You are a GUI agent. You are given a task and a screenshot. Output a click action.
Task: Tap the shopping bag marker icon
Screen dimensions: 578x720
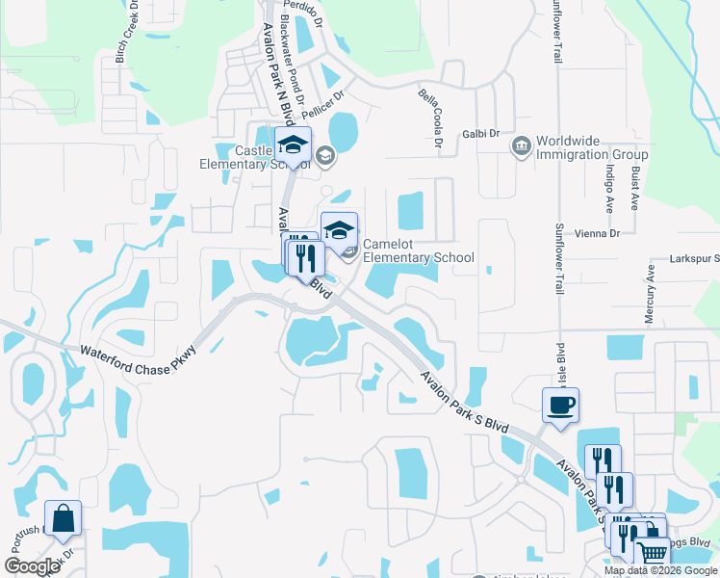pyautogui.click(x=63, y=518)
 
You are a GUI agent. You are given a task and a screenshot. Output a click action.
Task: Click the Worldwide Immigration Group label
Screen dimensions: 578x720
pyautogui.click(x=592, y=147)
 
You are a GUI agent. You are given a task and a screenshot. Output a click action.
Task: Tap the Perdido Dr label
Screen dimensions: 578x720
pyautogui.click(x=305, y=11)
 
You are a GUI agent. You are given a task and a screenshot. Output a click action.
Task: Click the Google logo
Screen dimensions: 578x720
pyautogui.click(x=33, y=566)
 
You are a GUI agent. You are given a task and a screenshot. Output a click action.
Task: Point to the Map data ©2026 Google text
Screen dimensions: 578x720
pyautogui.click(x=660, y=570)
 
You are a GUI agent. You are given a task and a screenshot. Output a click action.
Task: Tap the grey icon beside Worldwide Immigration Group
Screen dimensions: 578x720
pyautogui.click(x=521, y=146)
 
